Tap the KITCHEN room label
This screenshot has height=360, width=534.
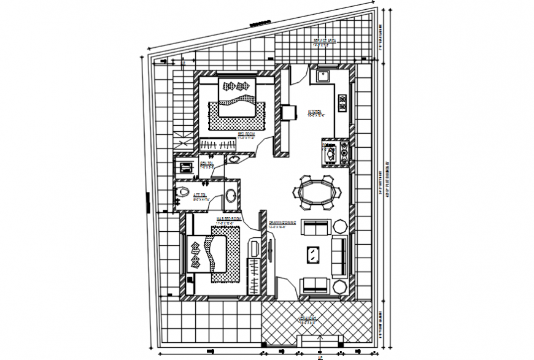pyautogui.click(x=315, y=113)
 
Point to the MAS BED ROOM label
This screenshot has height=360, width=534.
pyautogui.click(x=228, y=218)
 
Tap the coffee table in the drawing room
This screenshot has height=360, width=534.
pyautogui.click(x=313, y=253)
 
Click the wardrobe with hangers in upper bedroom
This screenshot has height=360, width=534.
pyautogui.click(x=219, y=146)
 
